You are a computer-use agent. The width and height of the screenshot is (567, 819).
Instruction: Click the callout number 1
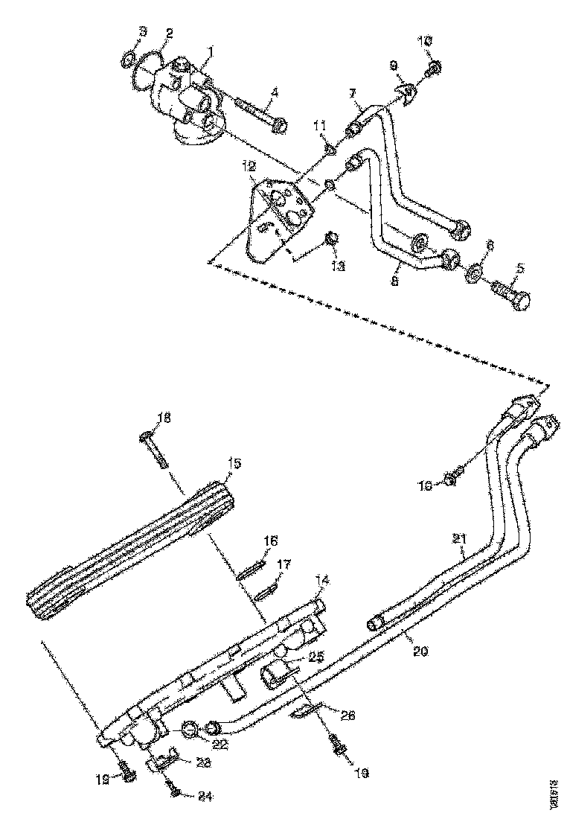pyautogui.click(x=211, y=51)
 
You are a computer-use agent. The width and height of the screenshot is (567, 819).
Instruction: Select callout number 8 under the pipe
pyautogui.click(x=395, y=281)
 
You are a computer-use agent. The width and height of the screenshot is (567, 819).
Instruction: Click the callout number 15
pyautogui.click(x=234, y=463)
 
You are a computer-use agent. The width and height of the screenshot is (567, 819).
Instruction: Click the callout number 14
pyautogui.click(x=321, y=579)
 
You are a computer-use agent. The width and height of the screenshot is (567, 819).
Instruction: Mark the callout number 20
pyautogui.click(x=420, y=650)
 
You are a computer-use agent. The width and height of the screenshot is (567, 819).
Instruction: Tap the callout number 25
pyautogui.click(x=315, y=657)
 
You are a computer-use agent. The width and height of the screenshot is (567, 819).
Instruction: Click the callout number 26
pyautogui.click(x=347, y=715)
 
